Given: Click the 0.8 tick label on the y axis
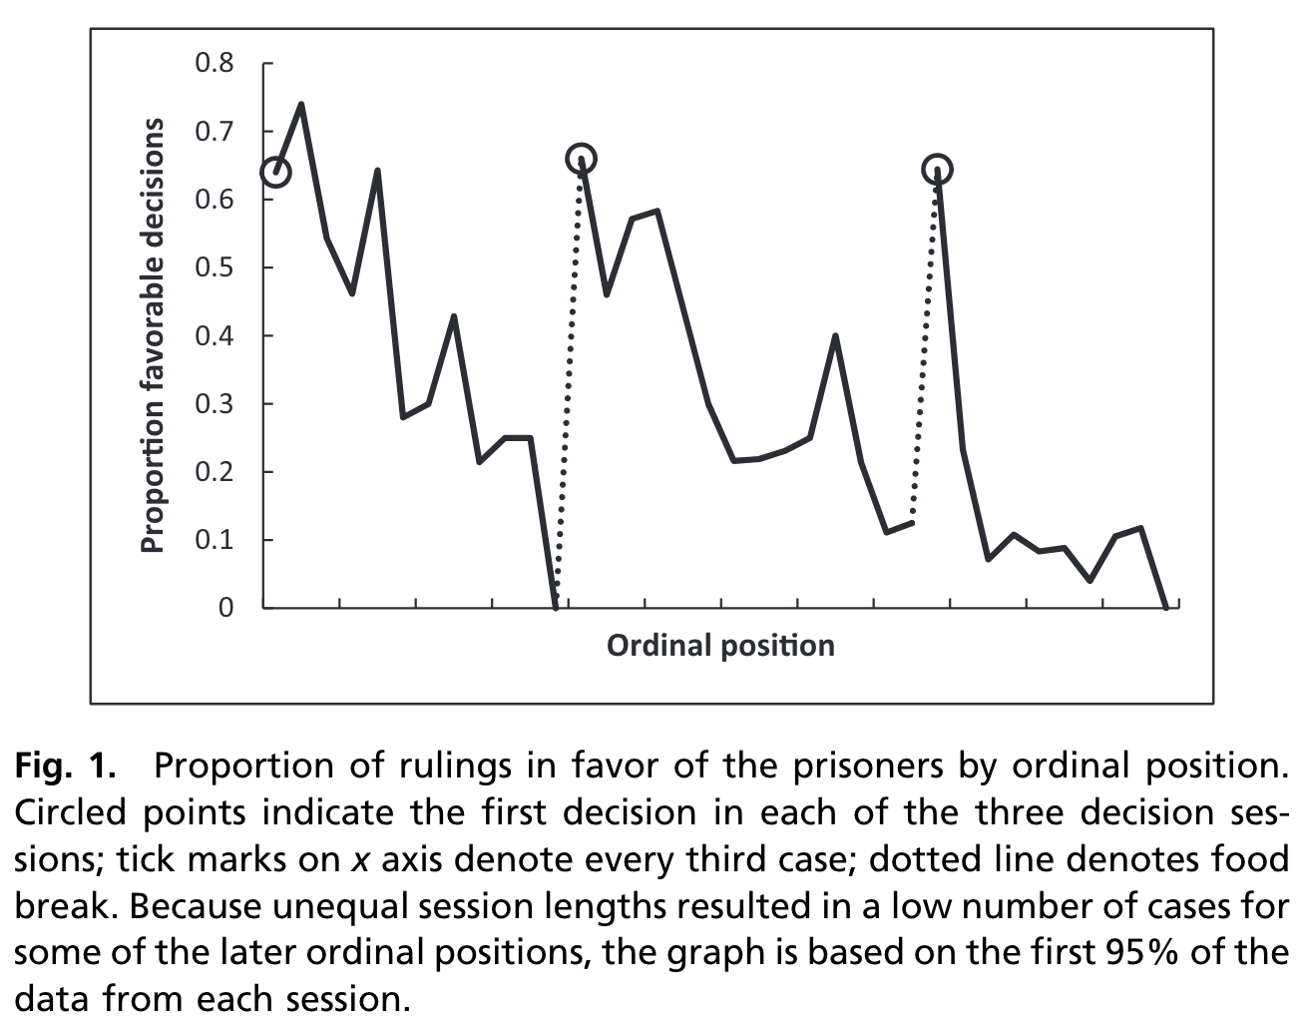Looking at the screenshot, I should (x=214, y=64).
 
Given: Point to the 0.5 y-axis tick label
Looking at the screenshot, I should (x=214, y=267).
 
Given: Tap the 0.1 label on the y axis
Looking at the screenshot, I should (x=214, y=540).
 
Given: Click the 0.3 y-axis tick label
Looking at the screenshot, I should (x=214, y=404).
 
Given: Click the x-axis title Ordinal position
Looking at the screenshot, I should (x=720, y=646).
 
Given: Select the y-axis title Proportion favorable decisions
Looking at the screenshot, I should (x=153, y=335).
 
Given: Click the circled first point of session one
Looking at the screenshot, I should (x=275, y=172).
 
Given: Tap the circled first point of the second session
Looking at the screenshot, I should (x=581, y=159).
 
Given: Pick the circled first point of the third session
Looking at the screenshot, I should (x=937, y=170).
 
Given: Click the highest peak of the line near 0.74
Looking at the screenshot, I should (x=301, y=104).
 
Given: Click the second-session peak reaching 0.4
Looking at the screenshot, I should (x=835, y=336).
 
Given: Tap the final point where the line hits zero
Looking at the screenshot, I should (x=1166, y=606).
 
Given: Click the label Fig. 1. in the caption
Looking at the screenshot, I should (x=65, y=766).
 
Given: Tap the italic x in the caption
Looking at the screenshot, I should (x=361, y=860).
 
